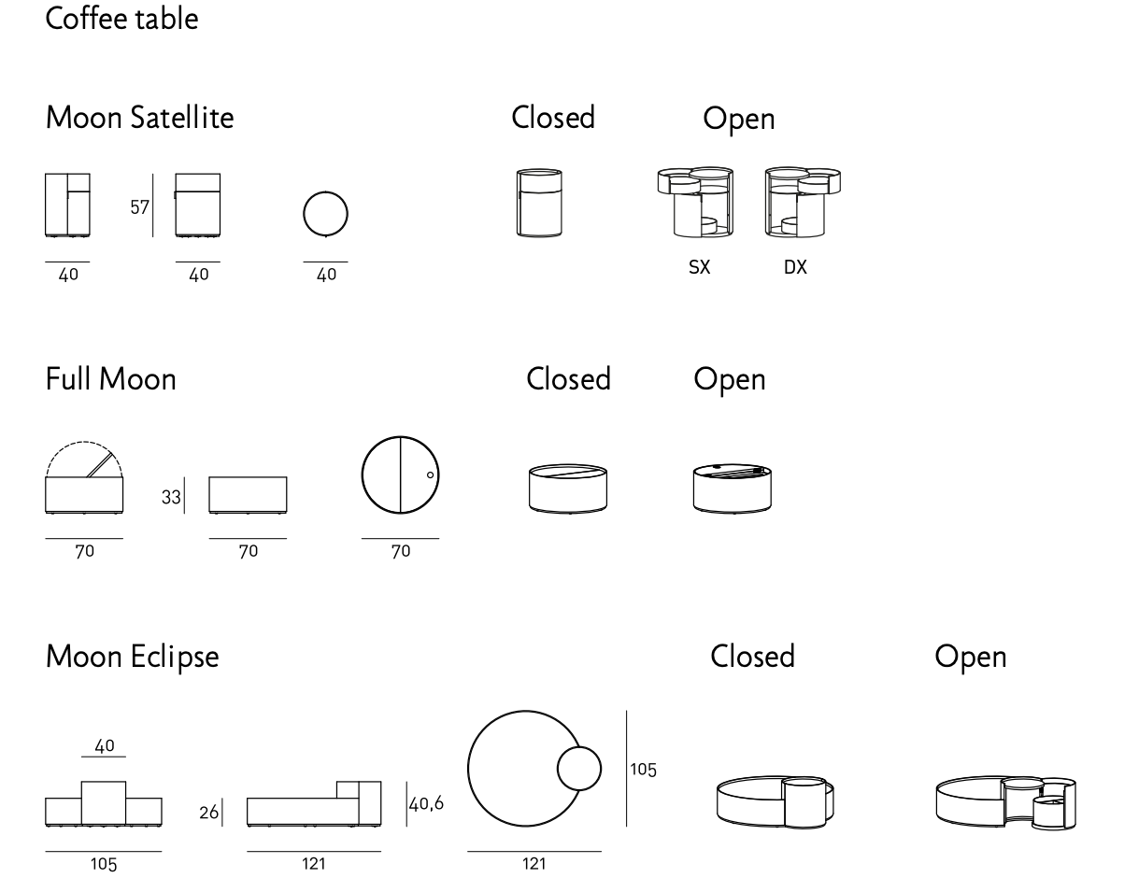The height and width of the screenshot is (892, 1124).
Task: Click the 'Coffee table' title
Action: (121, 20)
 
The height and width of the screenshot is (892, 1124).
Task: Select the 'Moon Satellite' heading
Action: (139, 119)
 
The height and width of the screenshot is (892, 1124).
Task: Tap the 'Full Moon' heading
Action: (110, 380)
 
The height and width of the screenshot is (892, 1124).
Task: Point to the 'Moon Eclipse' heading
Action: (132, 658)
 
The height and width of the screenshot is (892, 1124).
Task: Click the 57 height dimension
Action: (139, 207)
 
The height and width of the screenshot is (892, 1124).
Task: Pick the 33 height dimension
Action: (171, 498)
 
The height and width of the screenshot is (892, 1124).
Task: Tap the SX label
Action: (698, 267)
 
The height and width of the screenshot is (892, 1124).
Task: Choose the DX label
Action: (796, 267)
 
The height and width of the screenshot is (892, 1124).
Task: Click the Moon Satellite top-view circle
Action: (326, 214)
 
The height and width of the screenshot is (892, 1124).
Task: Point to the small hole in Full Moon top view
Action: (430, 474)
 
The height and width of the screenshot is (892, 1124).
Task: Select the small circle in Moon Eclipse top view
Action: (579, 770)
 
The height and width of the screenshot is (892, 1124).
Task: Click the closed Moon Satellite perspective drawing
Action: (539, 203)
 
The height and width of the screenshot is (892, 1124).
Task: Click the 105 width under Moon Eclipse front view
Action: (103, 865)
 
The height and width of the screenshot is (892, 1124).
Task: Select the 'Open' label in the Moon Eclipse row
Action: (971, 658)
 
